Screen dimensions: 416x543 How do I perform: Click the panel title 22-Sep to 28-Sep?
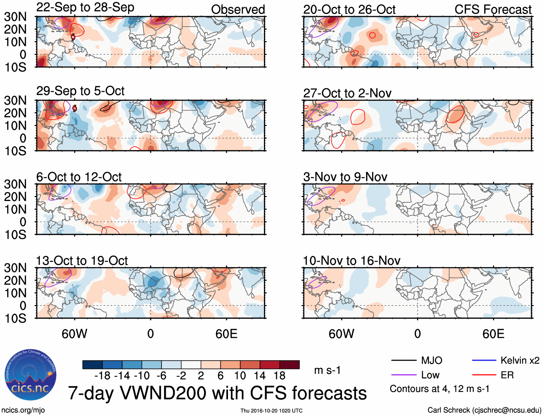coord(85,8)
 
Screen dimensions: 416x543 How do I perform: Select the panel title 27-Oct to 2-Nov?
coord(347,93)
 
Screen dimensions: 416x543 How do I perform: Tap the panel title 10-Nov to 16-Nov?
coord(351,261)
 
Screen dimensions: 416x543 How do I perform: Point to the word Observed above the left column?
coord(238,10)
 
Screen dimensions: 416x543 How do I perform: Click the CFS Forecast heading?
coord(493,10)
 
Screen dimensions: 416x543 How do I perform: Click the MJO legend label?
coord(432,360)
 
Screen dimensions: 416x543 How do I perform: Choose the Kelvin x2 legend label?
coord(520,360)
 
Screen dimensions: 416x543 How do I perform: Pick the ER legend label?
coord(507,375)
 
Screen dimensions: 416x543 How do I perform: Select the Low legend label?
coord(430,375)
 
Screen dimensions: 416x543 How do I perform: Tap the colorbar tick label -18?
coord(102,376)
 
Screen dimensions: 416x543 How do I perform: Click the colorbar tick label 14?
coord(260,376)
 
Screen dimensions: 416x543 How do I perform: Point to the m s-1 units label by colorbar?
coord(327,370)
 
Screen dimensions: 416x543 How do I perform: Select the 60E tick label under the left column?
coord(226,334)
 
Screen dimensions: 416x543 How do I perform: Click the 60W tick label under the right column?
coord(341,334)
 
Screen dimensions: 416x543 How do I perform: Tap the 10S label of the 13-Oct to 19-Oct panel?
coord(15,318)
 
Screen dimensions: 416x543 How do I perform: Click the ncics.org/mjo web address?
coord(23,410)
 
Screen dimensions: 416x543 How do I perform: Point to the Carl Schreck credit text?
coord(484,410)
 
